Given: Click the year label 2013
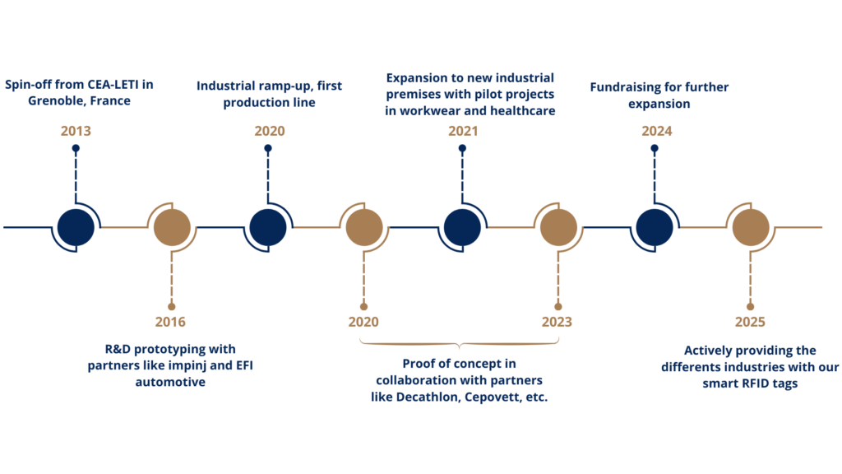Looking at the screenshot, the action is point(76,131).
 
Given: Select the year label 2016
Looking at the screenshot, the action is point(170,322).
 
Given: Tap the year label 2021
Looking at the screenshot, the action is point(463,131).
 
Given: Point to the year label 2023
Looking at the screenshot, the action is point(557,322).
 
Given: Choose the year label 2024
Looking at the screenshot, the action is point(657,131).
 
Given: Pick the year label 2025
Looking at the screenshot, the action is point(750,322).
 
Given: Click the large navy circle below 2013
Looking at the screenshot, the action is point(76,227).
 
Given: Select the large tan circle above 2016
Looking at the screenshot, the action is point(172,227).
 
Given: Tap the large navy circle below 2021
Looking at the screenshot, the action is point(462,227).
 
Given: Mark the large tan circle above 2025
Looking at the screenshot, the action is point(751,227).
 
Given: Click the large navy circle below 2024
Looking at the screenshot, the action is point(655,227).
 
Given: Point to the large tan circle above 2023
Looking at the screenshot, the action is point(558,227).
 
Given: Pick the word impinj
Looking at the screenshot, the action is point(187,366).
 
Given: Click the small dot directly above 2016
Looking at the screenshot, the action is point(171,306).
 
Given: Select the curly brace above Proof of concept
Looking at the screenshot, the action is point(459,343).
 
